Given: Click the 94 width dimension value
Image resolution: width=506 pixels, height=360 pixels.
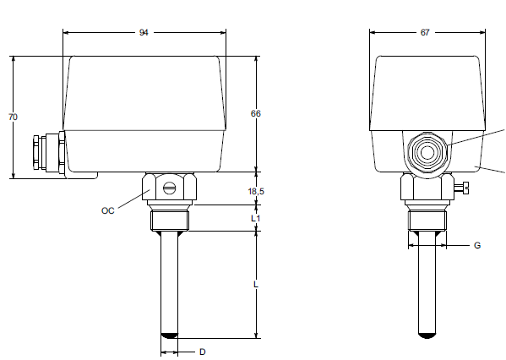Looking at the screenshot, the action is coord(144,33).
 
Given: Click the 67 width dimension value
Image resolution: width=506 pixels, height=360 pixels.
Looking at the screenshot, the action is coord(425,33).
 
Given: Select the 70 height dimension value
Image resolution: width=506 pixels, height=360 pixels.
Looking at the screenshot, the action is coord(13,117).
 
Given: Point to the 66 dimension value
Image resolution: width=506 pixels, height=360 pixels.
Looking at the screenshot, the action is coord(256,113).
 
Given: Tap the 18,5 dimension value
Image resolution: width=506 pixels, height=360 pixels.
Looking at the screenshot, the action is coord(256,192).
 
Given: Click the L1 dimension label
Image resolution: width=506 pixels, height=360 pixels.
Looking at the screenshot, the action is coord(256,218).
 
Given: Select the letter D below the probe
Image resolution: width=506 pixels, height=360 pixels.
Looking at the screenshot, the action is coord(203,352).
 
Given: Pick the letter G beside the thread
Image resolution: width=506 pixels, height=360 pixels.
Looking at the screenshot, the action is coord(477,246).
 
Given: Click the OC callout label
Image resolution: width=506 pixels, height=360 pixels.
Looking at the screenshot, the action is coord(108,210).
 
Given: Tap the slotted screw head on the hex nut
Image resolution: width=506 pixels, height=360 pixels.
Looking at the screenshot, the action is coord(170,188).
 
